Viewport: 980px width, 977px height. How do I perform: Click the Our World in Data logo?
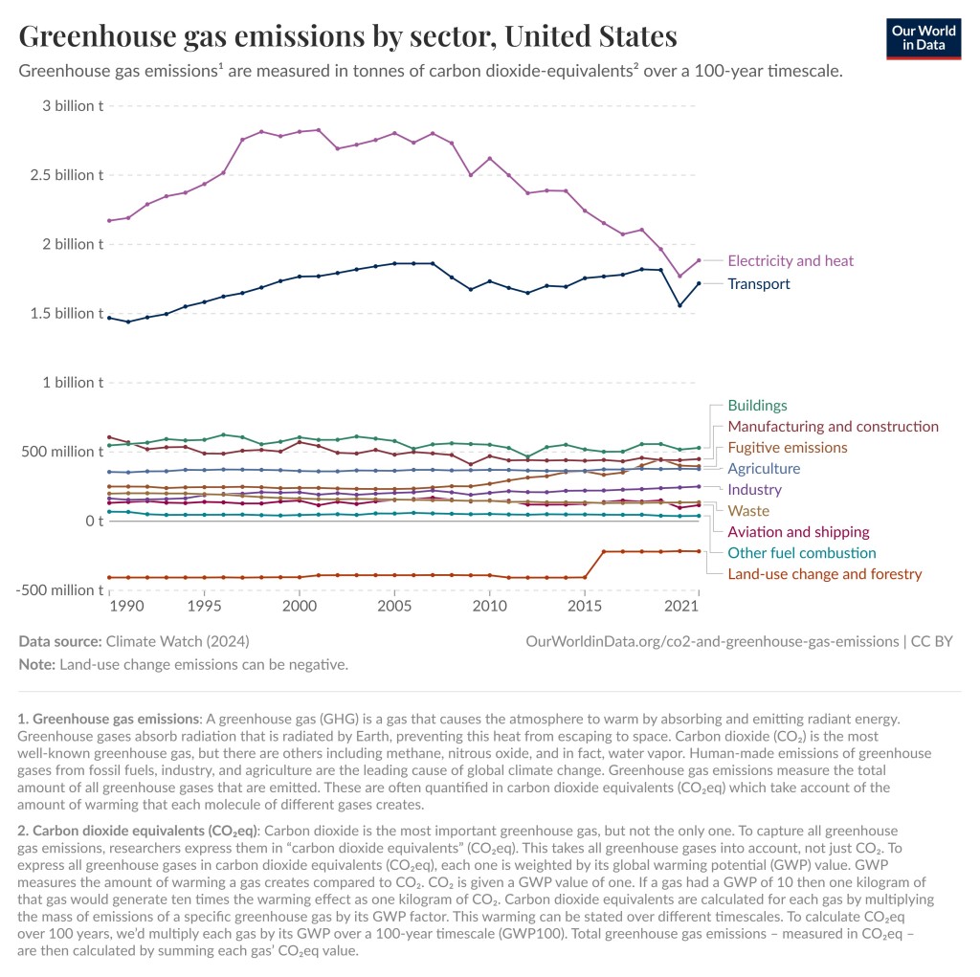[x=924, y=39]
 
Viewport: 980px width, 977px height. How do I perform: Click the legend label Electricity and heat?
[x=790, y=260]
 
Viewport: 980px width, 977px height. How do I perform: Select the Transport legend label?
[x=759, y=284]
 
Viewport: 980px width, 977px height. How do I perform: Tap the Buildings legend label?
[x=758, y=405]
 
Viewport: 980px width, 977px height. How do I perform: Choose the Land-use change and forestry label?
[x=824, y=574]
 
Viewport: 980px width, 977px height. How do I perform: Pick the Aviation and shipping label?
[x=798, y=532]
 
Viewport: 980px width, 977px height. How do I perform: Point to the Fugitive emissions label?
[x=788, y=448]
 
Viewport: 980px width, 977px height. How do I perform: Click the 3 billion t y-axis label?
[x=73, y=105]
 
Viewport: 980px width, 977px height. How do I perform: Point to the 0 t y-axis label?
[x=95, y=521]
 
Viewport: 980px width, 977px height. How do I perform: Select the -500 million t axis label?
[x=59, y=590]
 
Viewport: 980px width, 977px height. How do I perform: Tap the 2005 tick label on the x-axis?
[x=394, y=606]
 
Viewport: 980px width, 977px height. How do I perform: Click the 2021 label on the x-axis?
[x=681, y=606]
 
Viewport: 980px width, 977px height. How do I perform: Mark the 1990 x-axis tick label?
[x=127, y=606]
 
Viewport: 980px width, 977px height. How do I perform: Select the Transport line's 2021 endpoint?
[x=699, y=283]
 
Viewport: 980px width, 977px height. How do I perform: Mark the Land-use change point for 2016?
[x=604, y=551]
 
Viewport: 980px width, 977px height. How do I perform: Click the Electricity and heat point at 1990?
[x=128, y=217]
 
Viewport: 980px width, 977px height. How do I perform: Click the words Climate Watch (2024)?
[x=177, y=641]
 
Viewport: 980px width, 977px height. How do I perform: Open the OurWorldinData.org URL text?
[x=712, y=641]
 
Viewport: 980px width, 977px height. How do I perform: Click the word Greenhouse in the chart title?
[x=98, y=36]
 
